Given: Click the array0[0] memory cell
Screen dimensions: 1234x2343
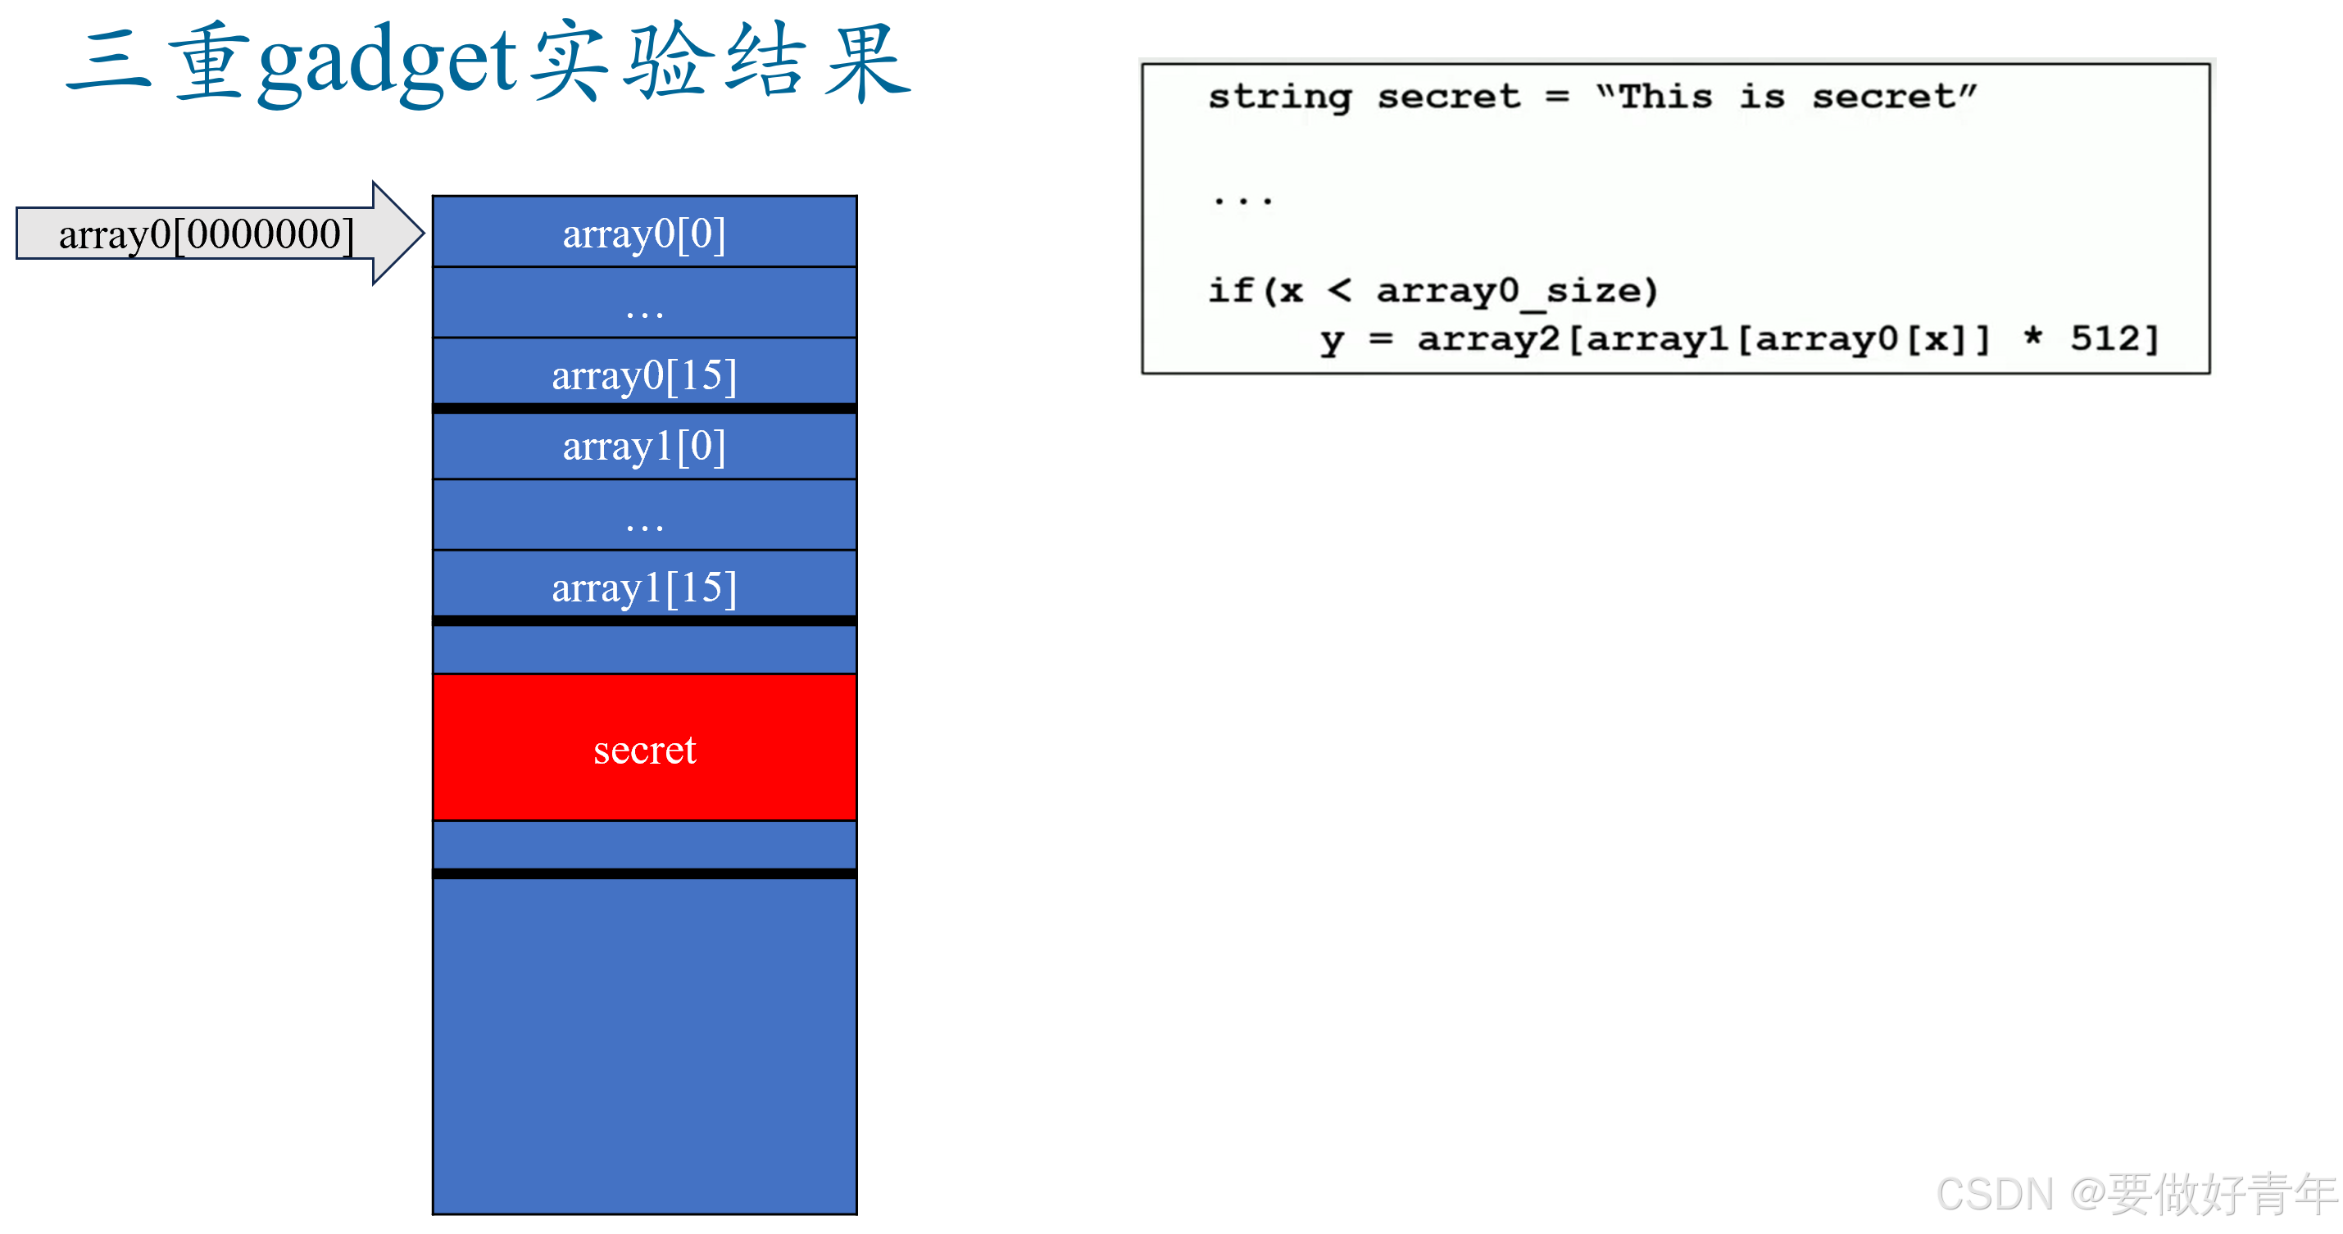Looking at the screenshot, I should click(x=644, y=233).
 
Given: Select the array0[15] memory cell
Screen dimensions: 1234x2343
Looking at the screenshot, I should click(x=644, y=374).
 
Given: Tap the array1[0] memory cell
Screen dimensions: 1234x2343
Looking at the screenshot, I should click(x=644, y=446).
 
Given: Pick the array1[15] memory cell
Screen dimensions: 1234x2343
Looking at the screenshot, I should click(x=644, y=587).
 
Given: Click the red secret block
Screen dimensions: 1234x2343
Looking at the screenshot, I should click(x=644, y=747).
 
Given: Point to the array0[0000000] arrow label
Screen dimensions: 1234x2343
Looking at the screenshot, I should click(x=206, y=234).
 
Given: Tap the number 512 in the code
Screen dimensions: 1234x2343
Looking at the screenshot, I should click(x=2104, y=338).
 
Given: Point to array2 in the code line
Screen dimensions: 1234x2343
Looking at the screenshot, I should click(x=1488, y=338).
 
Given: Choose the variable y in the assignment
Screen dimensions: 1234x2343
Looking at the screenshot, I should click(x=1331, y=340).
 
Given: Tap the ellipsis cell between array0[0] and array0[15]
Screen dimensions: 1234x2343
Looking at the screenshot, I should click(x=644, y=305).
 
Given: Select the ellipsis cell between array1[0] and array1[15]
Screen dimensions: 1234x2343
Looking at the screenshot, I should click(x=644, y=516).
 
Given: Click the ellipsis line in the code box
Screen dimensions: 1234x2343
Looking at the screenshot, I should click(x=1243, y=199).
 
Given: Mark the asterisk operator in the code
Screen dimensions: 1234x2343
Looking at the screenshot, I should click(x=2033, y=337).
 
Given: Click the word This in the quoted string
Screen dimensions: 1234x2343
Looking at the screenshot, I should click(x=1664, y=97).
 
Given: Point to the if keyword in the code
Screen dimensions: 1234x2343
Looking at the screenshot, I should click(x=1231, y=291).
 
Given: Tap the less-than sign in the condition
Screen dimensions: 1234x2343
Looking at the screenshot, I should click(x=1339, y=291).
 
